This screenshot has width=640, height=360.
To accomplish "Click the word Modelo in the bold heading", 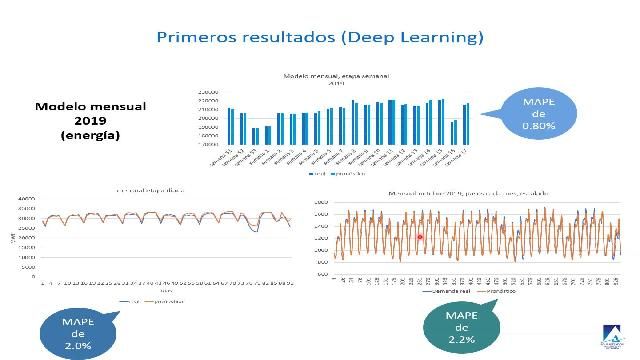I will tap(62, 106).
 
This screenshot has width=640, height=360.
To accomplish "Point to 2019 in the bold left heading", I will tap(90, 120).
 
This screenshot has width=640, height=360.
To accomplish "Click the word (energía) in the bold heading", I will tap(90, 134).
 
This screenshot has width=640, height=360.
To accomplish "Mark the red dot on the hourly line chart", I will tap(421, 237).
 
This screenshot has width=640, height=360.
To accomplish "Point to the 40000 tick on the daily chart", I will tap(28, 199).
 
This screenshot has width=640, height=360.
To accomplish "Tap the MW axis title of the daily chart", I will tap(14, 235).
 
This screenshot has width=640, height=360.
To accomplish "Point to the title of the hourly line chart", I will tap(470, 191).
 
